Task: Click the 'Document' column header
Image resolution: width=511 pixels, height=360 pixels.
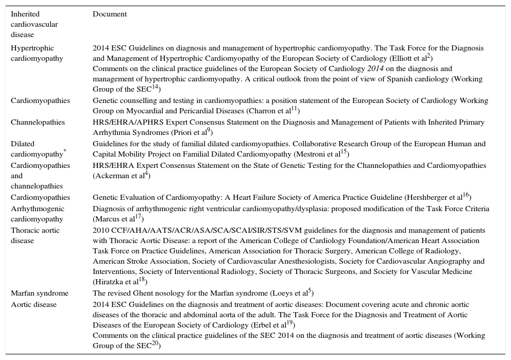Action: pos(109,14)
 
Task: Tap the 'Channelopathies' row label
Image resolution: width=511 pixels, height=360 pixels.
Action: pos(38,123)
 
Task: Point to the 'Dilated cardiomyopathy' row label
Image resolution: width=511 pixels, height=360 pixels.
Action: pos(37,149)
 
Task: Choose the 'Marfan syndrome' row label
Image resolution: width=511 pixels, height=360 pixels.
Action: pos(40,294)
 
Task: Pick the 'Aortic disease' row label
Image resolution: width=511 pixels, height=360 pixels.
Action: pos(34,305)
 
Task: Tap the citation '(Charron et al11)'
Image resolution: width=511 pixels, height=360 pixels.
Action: pos(274,110)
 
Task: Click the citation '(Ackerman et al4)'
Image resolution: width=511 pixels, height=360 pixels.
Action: pos(122,176)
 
